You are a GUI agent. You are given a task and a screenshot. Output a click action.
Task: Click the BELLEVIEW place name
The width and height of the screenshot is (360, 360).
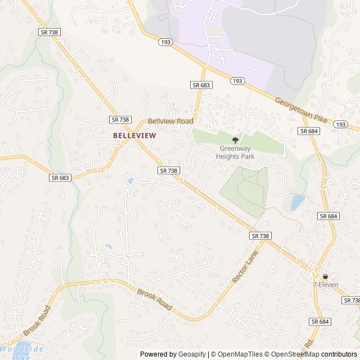(x=134, y=136)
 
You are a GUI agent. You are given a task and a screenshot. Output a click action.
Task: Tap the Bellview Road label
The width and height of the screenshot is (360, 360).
(x=170, y=121)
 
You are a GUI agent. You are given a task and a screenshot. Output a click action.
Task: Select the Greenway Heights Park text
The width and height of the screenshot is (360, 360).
(x=236, y=152)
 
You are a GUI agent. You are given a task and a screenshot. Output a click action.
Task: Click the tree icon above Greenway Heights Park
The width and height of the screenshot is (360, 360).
(x=236, y=140)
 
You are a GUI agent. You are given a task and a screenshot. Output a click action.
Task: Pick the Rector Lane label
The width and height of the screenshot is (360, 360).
(x=243, y=267)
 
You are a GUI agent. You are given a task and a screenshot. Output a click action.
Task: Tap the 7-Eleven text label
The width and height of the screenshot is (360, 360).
(x=325, y=285)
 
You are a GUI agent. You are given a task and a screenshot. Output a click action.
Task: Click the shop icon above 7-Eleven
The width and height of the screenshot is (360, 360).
(x=325, y=276)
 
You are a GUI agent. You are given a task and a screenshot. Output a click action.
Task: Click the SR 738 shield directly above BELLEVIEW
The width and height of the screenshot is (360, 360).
(x=120, y=120)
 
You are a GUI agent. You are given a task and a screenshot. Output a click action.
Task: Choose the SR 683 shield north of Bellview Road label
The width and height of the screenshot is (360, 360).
(x=201, y=85)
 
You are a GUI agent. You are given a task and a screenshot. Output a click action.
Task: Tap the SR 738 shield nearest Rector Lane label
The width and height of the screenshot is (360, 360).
(x=260, y=236)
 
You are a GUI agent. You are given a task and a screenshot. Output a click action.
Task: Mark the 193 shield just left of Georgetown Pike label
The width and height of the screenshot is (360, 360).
(x=237, y=82)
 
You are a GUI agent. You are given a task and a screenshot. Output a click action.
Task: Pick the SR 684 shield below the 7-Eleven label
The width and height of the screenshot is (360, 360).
(x=319, y=321)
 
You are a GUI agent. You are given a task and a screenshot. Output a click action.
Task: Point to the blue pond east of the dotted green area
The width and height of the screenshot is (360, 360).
(x=298, y=202)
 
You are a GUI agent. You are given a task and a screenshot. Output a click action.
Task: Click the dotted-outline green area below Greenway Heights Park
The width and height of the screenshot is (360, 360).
(x=245, y=191)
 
